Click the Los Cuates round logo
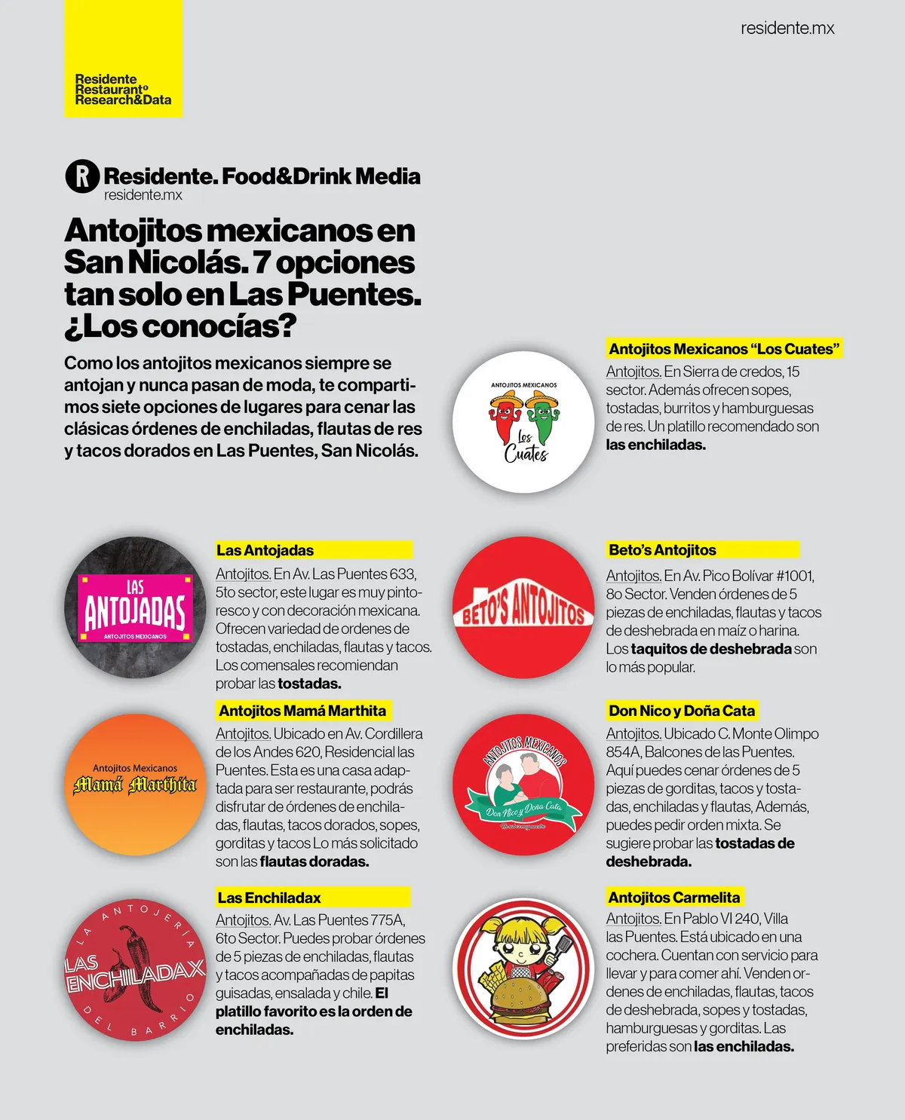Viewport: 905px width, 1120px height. (x=523, y=422)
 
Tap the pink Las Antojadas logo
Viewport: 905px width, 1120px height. (x=135, y=607)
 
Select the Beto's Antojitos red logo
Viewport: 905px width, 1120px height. (x=523, y=607)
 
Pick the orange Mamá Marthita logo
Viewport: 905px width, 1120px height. (x=135, y=784)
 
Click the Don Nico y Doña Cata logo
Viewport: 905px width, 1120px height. (x=523, y=785)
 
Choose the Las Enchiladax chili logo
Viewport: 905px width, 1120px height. (x=135, y=969)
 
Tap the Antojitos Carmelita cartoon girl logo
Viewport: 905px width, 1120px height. (x=523, y=969)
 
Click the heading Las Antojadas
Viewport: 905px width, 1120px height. (x=265, y=550)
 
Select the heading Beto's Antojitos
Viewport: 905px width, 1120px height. (x=662, y=550)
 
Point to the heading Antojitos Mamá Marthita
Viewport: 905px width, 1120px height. (x=302, y=711)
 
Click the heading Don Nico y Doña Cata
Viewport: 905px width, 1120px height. (x=681, y=711)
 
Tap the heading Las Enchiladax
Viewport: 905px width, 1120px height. (x=269, y=898)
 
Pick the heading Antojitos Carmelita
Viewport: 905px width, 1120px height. (x=673, y=898)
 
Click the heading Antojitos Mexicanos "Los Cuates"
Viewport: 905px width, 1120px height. (x=723, y=349)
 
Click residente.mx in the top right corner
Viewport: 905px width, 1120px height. (x=787, y=29)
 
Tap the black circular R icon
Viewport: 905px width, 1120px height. (x=82, y=176)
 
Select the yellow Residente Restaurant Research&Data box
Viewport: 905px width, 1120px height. (x=123, y=59)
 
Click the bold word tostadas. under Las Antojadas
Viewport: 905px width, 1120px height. (x=309, y=684)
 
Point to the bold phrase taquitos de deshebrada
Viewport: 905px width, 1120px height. (x=711, y=649)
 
